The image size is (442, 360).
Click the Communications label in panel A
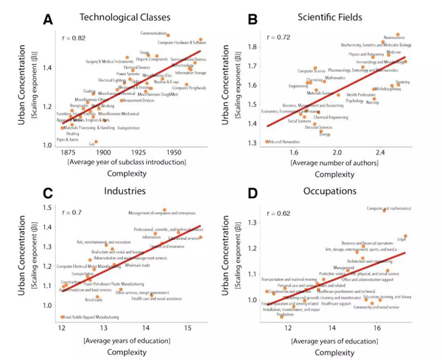tap(152, 34)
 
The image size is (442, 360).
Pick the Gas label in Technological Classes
tap(92, 144)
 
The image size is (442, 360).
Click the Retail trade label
tap(93, 300)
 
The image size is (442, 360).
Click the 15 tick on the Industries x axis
tap(187, 327)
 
